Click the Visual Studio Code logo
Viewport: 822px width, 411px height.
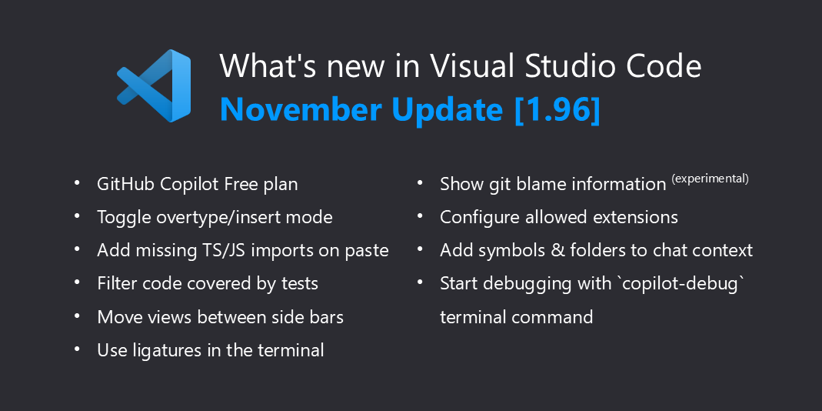[x=154, y=85]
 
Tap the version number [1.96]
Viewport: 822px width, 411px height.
[x=557, y=110]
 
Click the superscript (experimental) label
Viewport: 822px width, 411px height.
[x=710, y=179]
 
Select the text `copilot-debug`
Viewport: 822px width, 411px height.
[x=680, y=283]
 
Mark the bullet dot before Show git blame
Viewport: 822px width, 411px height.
[x=420, y=182]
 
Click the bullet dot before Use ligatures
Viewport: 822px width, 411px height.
[x=77, y=348]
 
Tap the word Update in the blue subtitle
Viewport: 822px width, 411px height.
[x=446, y=110]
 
